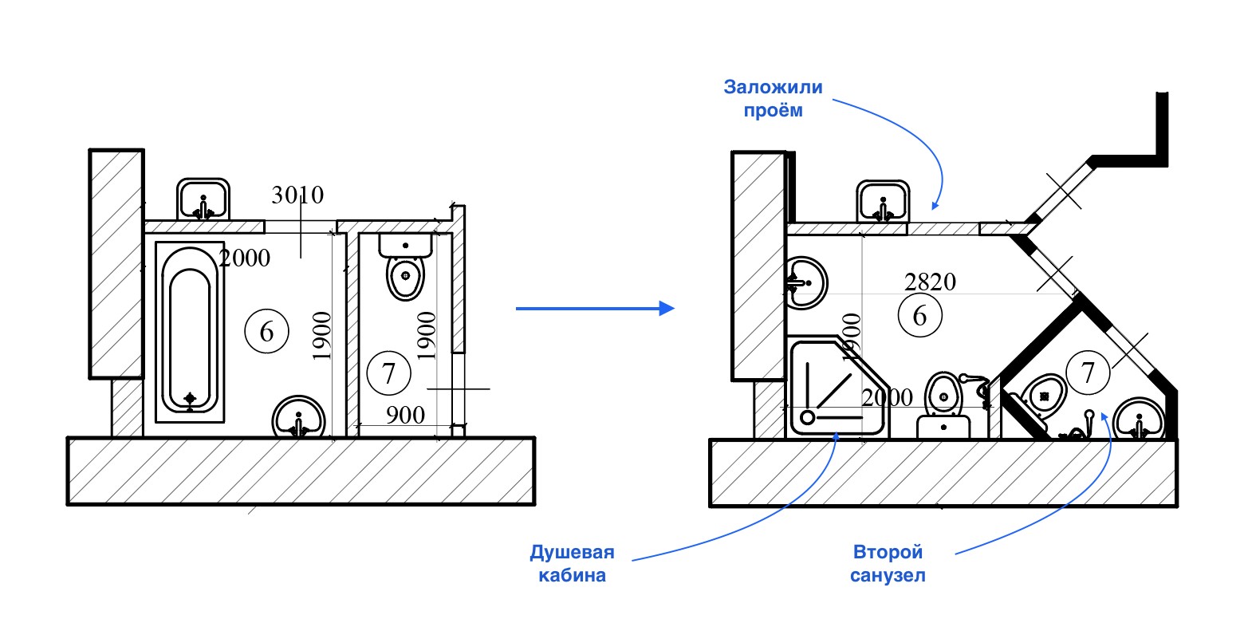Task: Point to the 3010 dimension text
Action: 297,195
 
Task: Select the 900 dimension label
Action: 405,415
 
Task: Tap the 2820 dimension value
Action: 930,281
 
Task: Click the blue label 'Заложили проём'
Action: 762,98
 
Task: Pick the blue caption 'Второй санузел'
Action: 888,563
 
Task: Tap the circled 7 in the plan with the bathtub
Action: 388,373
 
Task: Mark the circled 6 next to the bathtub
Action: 266,331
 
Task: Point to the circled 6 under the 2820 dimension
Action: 919,315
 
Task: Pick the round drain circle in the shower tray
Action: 807,416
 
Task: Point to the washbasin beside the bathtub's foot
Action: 298,417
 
